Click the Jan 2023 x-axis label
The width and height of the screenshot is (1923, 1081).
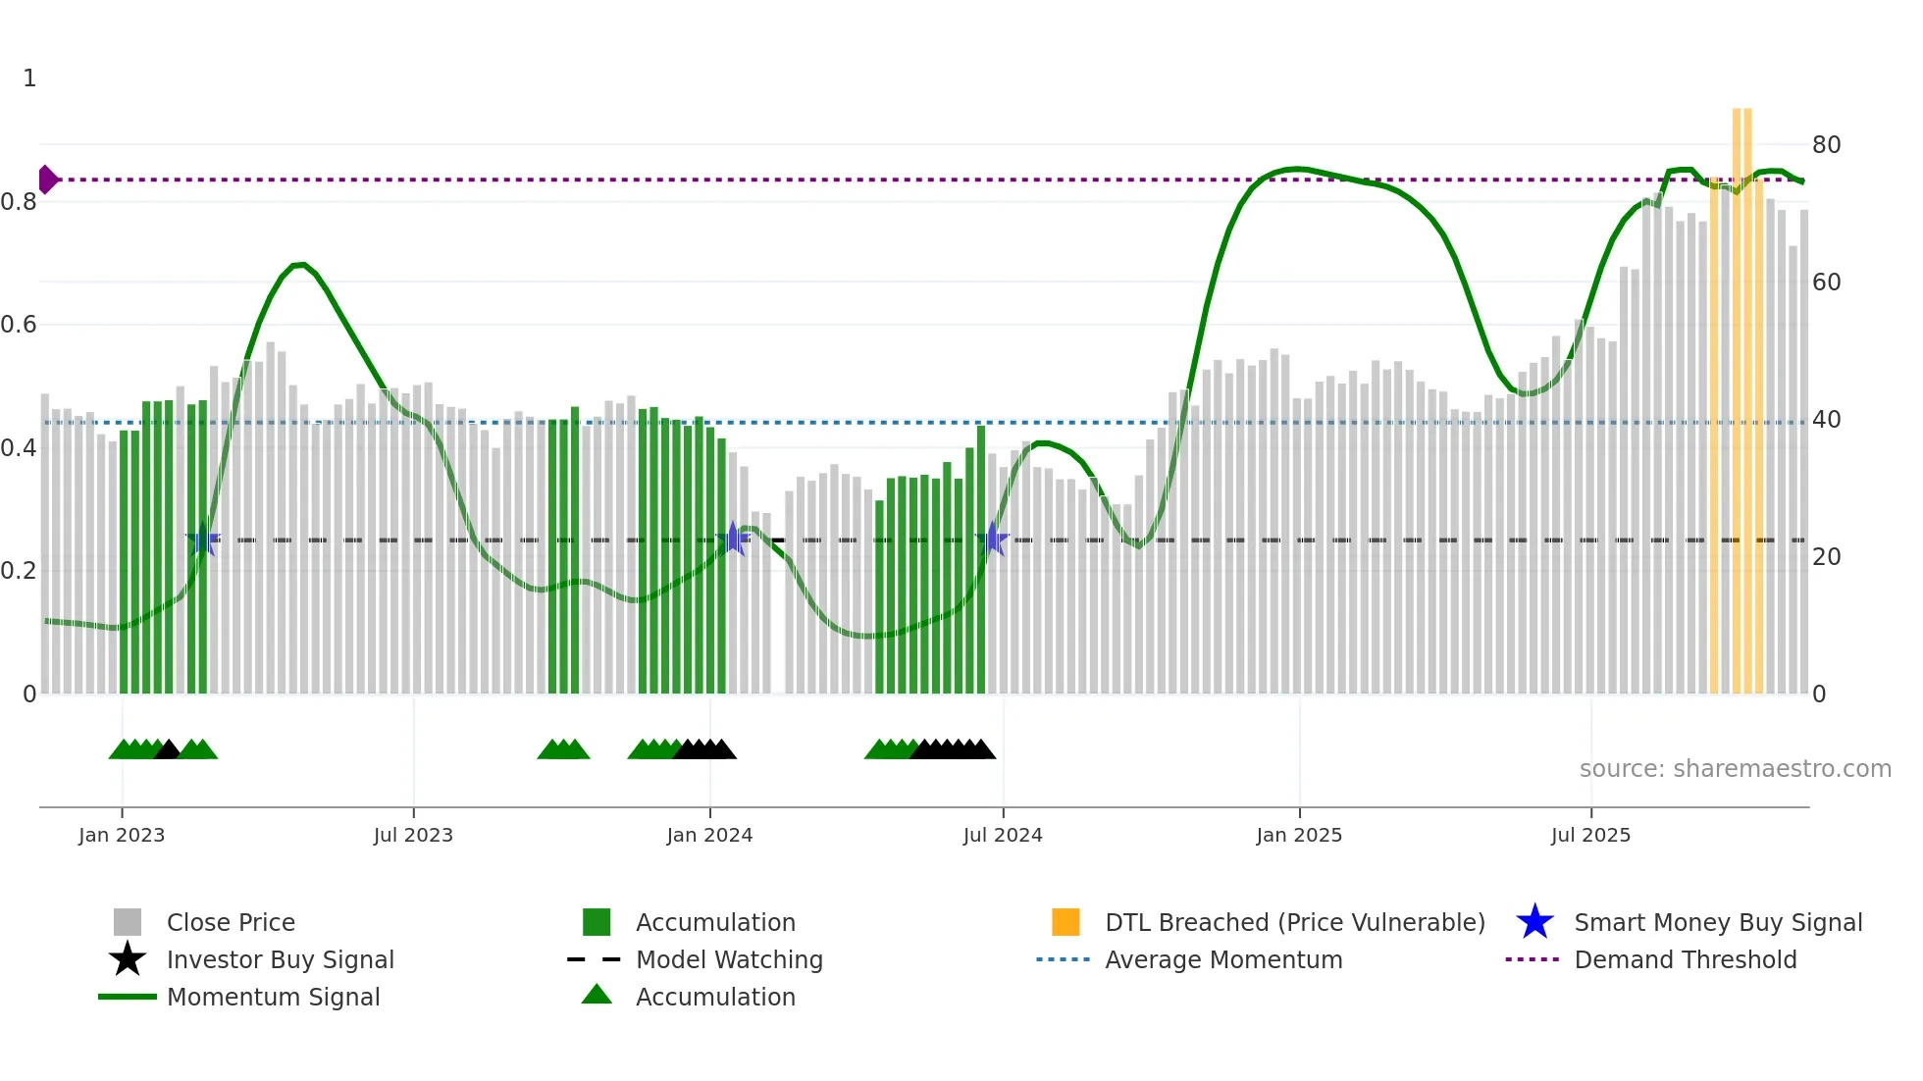(122, 835)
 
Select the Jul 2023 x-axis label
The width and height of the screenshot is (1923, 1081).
(413, 835)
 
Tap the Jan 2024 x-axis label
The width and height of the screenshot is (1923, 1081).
(709, 835)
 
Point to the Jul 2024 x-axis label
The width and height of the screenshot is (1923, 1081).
(1003, 835)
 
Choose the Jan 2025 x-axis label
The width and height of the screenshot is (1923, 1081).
(1299, 835)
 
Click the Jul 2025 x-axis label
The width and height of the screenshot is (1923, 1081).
(1590, 835)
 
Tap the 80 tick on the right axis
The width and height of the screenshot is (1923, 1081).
(1826, 145)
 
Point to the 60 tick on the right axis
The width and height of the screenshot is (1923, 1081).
(1826, 283)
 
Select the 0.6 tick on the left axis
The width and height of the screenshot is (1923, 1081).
(20, 325)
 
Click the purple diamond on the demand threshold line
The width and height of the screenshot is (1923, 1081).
(47, 180)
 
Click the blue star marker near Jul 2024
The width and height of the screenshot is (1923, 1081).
(993, 539)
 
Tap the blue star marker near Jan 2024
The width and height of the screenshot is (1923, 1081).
(733, 539)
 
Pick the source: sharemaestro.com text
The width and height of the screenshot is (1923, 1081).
(1735, 769)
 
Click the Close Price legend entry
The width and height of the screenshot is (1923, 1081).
(230, 922)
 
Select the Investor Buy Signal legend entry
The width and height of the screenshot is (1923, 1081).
(280, 959)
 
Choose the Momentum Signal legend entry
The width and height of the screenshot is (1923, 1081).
(273, 997)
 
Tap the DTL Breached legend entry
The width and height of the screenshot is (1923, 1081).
(1294, 922)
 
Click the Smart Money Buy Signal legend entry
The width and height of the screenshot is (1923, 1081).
(1717, 922)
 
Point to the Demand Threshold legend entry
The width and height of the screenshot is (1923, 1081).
(1685, 959)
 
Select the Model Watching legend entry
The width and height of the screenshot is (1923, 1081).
(729, 959)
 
